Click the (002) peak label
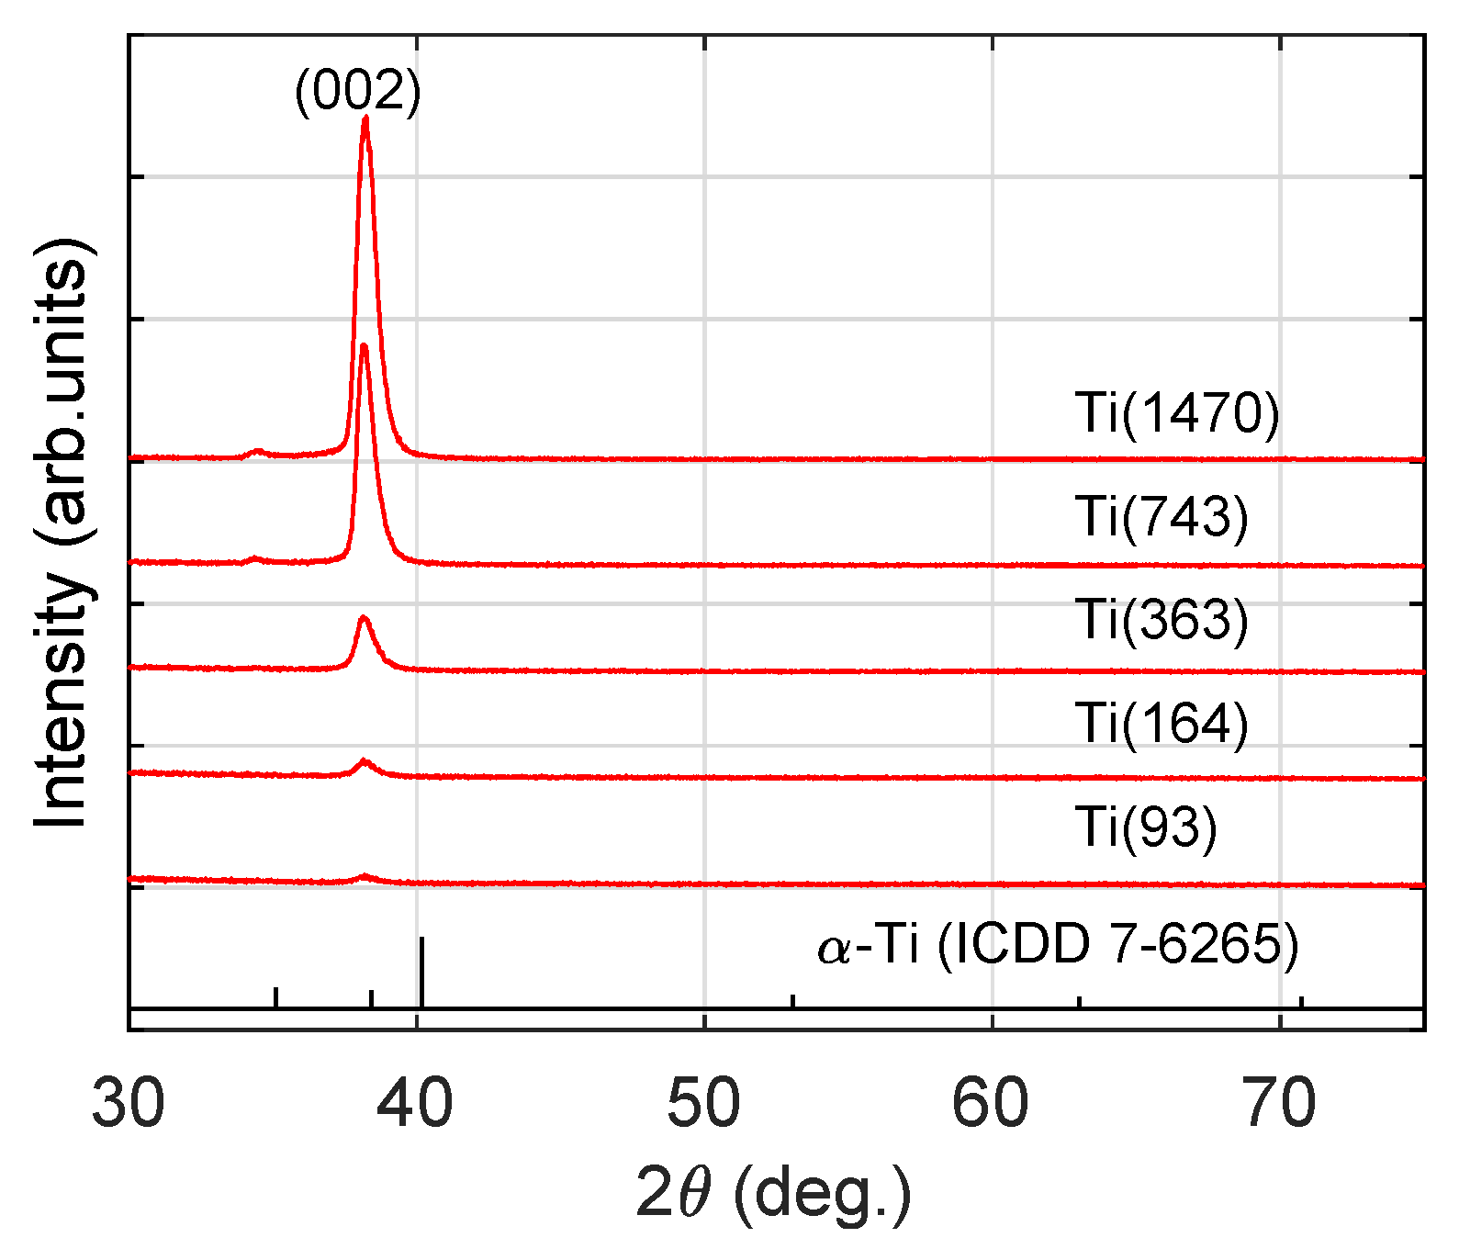point(357,92)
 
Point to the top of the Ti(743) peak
point(365,346)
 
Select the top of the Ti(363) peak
point(364,618)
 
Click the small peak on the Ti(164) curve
point(365,761)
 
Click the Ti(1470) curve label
point(1177,413)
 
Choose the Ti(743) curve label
point(1162,516)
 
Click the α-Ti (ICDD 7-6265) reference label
point(1058,945)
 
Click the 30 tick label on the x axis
point(129,1104)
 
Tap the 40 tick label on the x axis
point(417,1104)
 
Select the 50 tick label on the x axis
point(704,1104)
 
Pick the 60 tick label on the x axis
point(992,1104)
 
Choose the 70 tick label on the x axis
point(1280,1104)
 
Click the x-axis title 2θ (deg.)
point(774,1195)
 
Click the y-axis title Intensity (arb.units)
point(62,533)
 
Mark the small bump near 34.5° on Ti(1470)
point(258,451)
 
